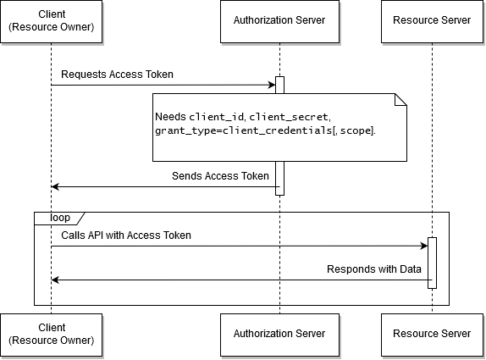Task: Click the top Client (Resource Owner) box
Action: [x=51, y=21]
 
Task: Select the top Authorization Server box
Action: [x=279, y=21]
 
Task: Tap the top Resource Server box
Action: [x=432, y=21]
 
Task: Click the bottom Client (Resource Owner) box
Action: [x=51, y=335]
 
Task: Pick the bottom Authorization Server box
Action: [x=279, y=335]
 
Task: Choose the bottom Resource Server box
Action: [x=432, y=335]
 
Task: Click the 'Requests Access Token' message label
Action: [x=117, y=75]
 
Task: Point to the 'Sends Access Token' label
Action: [x=220, y=176]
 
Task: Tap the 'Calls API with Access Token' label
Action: [x=126, y=235]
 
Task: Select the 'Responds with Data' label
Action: [x=374, y=269]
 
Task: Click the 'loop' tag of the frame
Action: [x=60, y=218]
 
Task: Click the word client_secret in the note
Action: [x=289, y=117]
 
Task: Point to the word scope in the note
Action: [x=356, y=130]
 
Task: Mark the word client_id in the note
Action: [x=217, y=117]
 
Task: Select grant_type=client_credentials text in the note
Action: [x=244, y=130]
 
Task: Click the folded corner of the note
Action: [x=400, y=100]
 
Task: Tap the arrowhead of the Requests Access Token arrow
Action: [x=272, y=85]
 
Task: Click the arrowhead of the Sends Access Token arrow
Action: [x=55, y=186]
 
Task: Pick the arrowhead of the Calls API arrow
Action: [x=424, y=246]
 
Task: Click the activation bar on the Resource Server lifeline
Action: [x=432, y=263]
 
